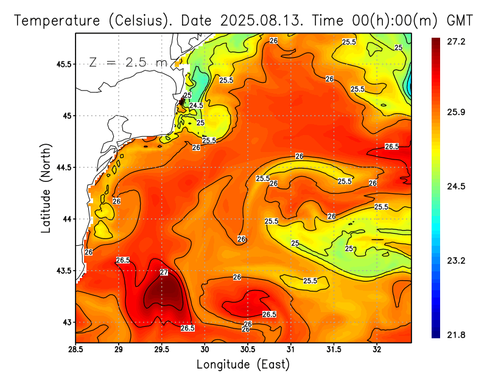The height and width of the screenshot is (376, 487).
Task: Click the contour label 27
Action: [164, 272]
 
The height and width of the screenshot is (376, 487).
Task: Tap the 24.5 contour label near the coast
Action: [196, 105]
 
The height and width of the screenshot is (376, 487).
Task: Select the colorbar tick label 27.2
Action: [457, 41]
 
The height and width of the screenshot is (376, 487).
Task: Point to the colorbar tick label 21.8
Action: [457, 335]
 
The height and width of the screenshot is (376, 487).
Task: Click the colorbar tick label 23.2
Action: [457, 260]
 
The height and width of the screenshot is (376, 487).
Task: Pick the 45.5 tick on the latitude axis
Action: [63, 64]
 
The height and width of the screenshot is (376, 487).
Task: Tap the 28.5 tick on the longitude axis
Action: [75, 349]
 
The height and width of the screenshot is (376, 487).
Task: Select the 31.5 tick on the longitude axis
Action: [334, 349]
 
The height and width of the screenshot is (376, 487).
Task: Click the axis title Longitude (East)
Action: [243, 364]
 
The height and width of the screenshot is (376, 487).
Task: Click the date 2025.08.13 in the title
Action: [261, 19]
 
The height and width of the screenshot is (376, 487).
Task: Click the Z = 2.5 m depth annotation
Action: [127, 62]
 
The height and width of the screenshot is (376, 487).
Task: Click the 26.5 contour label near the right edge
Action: [392, 146]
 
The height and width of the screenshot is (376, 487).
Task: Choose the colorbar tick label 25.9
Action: [457, 113]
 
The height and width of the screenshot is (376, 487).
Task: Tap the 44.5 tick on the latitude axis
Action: [63, 167]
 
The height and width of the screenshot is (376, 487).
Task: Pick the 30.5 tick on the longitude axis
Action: [248, 349]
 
